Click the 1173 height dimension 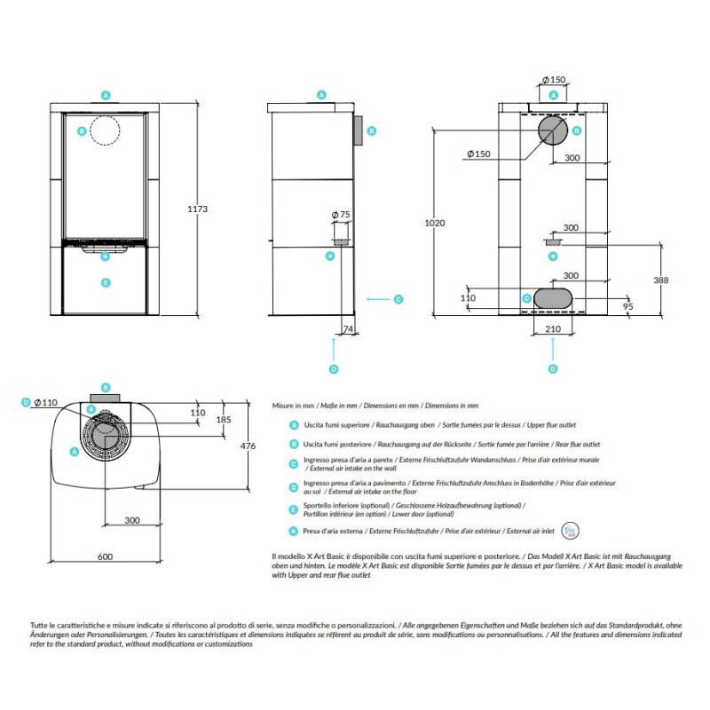(x=198, y=209)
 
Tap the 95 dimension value (x=627, y=306)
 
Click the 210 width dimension (x=553, y=329)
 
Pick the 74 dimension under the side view (x=348, y=329)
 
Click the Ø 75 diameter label (x=341, y=215)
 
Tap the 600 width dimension (x=105, y=556)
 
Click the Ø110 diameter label (x=46, y=402)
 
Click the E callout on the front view (x=106, y=282)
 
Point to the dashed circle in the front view (x=106, y=130)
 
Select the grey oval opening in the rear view (x=555, y=297)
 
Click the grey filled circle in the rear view (x=553, y=130)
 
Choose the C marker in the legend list (x=294, y=463)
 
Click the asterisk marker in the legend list (x=294, y=531)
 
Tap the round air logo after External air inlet (x=569, y=530)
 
